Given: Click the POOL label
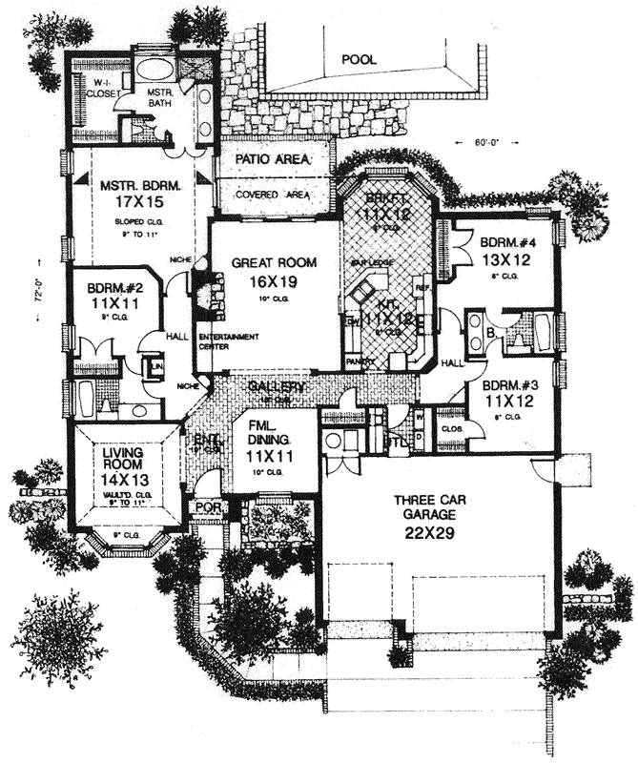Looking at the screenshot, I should click(360, 60).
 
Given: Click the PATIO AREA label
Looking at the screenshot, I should click(273, 159).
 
